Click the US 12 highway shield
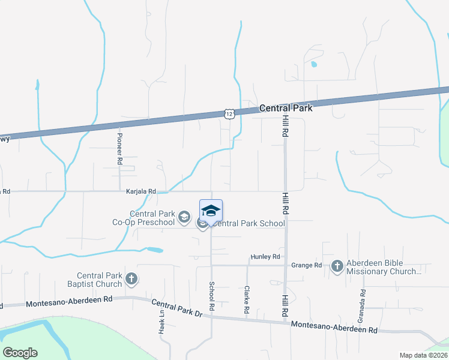229,113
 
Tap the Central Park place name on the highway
286,109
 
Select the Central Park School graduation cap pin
211,211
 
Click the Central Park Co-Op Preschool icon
185,216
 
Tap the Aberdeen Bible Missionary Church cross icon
337,266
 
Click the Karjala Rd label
141,191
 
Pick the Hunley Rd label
265,257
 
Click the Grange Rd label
306,265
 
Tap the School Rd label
212,296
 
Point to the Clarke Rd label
247,300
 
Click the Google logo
20,353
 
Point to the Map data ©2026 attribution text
423,355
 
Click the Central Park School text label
249,224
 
